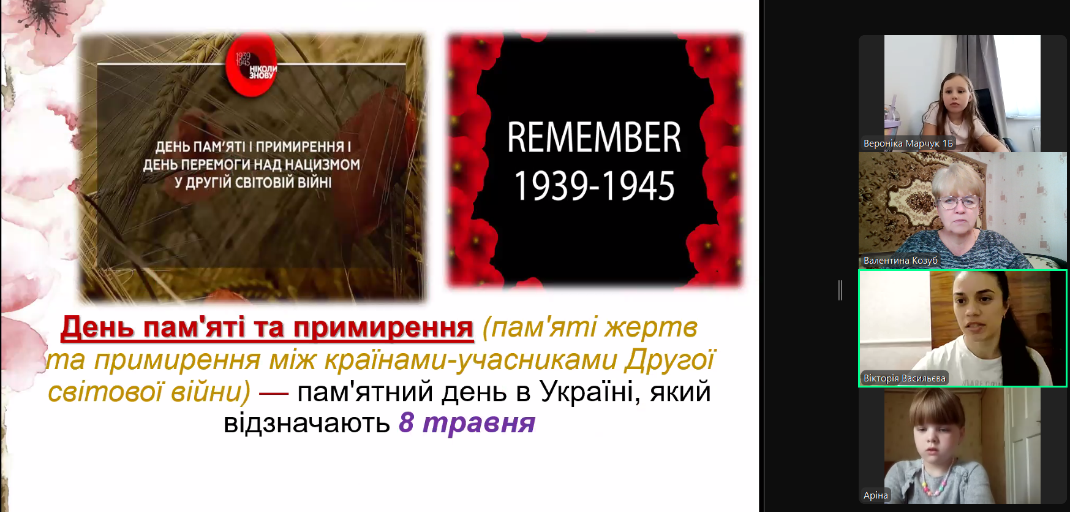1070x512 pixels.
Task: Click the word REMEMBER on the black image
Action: tap(594, 137)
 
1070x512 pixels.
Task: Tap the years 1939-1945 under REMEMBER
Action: tap(594, 186)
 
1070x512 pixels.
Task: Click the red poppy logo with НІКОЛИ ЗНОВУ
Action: tap(252, 67)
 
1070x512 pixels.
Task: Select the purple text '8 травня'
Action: tap(467, 423)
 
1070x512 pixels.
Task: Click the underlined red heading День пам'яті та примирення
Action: tap(267, 327)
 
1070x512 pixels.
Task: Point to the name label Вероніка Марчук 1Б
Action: tap(908, 143)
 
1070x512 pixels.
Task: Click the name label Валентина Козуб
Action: tap(900, 261)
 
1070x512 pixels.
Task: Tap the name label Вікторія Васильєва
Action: tap(905, 378)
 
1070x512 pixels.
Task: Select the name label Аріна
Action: tap(876, 495)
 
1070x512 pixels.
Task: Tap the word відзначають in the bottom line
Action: tap(307, 423)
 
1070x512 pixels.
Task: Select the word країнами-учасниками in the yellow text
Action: tap(470, 360)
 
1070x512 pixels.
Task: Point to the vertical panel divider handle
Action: tap(840, 290)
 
